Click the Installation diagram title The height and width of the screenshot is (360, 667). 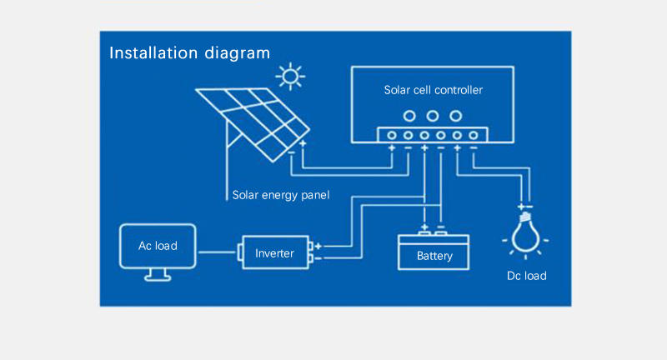pyautogui.click(x=190, y=53)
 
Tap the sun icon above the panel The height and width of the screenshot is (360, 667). pyautogui.click(x=290, y=77)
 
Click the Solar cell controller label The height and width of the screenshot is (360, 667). pyautogui.click(x=433, y=90)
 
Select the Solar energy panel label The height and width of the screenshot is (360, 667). pyautogui.click(x=281, y=196)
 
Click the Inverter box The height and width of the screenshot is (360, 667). pyautogui.click(x=274, y=252)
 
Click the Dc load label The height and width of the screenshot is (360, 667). pyautogui.click(x=526, y=275)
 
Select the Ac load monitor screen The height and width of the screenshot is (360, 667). pyautogui.click(x=158, y=246)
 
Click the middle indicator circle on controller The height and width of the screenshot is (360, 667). pyautogui.click(x=433, y=116)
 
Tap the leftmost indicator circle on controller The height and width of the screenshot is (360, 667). pyautogui.click(x=409, y=116)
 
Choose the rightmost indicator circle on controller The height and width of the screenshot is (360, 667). pyautogui.click(x=456, y=116)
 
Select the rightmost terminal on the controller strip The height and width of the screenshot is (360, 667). pyautogui.click(x=474, y=135)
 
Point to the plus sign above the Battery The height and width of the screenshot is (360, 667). pyautogui.click(x=424, y=226)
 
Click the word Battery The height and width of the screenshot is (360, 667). pyautogui.click(x=434, y=256)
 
